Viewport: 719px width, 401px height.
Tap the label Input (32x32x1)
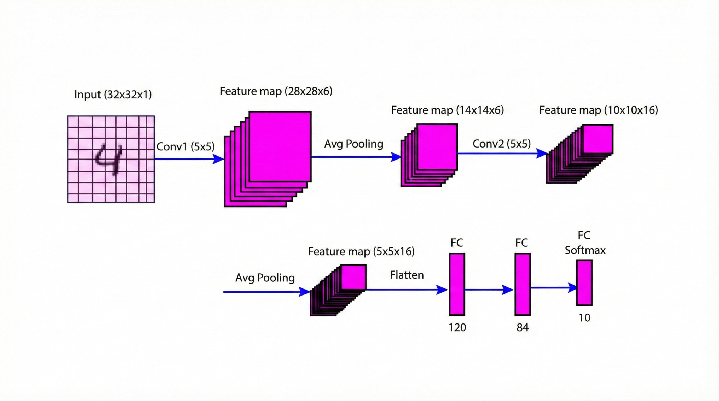[x=113, y=95]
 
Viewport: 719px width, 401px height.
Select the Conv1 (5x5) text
[x=185, y=146]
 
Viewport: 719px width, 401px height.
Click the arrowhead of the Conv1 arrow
[x=218, y=159]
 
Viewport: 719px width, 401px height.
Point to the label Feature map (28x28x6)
[x=276, y=91]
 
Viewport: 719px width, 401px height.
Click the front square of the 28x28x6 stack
[x=280, y=146]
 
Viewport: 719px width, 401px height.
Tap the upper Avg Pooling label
[x=353, y=144]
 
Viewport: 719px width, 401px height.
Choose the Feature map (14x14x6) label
[x=447, y=110]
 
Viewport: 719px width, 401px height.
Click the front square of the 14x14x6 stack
[x=437, y=147]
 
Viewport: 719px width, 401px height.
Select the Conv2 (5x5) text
[x=501, y=144]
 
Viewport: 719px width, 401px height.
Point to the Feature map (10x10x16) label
[x=598, y=110]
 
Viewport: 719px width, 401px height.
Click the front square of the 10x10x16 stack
[x=598, y=139]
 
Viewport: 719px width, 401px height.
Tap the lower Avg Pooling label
[x=265, y=278]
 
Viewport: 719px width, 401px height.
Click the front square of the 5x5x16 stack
[x=353, y=277]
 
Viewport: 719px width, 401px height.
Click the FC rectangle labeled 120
[x=457, y=284]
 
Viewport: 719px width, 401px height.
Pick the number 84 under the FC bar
[x=522, y=327]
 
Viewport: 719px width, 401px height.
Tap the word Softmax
[x=585, y=250]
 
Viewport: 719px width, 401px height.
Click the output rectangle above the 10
[x=584, y=282]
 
